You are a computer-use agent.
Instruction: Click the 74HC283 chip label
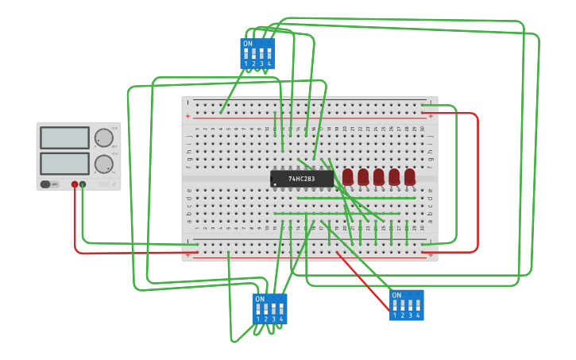(302, 179)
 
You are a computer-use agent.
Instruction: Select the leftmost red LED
(348, 176)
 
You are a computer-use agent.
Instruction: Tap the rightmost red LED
(410, 176)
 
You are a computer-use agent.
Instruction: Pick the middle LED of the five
(379, 176)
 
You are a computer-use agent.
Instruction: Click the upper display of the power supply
(64, 137)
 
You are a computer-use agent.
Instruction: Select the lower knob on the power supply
(103, 164)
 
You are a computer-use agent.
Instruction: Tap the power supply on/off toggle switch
(49, 184)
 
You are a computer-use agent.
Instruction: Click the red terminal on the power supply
(75, 184)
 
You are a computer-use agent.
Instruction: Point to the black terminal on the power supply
(83, 184)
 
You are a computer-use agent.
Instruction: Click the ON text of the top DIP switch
(248, 44)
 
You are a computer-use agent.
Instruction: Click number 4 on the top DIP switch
(269, 64)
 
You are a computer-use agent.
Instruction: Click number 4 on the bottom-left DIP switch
(281, 319)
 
